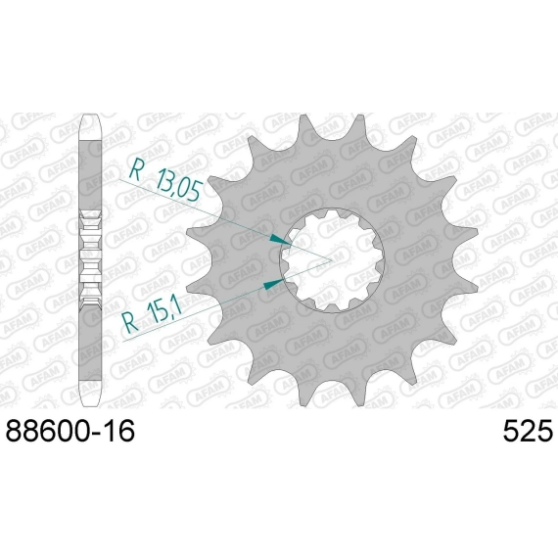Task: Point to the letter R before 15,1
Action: (130, 323)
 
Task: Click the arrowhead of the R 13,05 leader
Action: (280, 239)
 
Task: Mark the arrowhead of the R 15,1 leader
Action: (273, 284)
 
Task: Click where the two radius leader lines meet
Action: (331, 260)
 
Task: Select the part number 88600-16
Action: (70, 432)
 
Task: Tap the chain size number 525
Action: (528, 432)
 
